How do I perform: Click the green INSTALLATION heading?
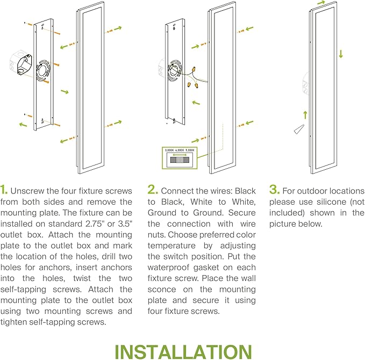pyautogui.click(x=183, y=351)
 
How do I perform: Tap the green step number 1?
pyautogui.click(x=4, y=190)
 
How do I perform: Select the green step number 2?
pyautogui.click(x=153, y=190)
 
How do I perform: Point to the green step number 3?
pyautogui.click(x=275, y=190)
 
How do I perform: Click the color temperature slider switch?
pyautogui.click(x=180, y=160)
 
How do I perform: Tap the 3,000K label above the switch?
pyautogui.click(x=169, y=150)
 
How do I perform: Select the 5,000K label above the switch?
pyautogui.click(x=190, y=150)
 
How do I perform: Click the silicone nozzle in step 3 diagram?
pyautogui.click(x=299, y=129)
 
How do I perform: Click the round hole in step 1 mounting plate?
pyautogui.click(x=43, y=70)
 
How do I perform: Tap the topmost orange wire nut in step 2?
pyautogui.click(x=194, y=69)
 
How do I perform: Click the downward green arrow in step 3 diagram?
pyautogui.click(x=341, y=54)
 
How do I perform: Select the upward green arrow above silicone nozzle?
pyautogui.click(x=305, y=115)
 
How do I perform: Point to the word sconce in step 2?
pyautogui.click(x=162, y=289)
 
